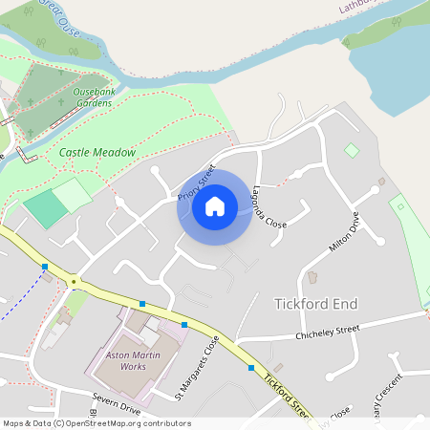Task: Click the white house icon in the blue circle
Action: (x=215, y=205)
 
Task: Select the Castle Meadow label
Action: (x=97, y=152)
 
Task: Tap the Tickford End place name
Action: (x=315, y=304)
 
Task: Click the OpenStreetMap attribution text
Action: (x=97, y=423)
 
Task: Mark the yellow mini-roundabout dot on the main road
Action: (x=74, y=282)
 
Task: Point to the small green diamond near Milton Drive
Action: (x=352, y=150)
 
